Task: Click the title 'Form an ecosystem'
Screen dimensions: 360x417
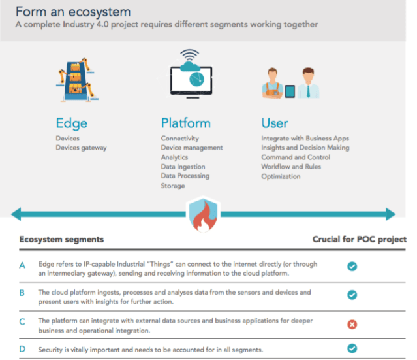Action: pyautogui.click(x=72, y=12)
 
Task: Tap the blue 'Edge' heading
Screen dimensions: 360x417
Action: pyautogui.click(x=71, y=123)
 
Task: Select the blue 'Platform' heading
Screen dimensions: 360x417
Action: pyautogui.click(x=185, y=123)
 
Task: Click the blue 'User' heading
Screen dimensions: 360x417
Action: pyautogui.click(x=274, y=123)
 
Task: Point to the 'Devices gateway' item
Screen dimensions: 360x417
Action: pyautogui.click(x=81, y=148)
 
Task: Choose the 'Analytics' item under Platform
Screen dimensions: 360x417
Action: pyautogui.click(x=174, y=157)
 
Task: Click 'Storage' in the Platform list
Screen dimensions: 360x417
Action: pyautogui.click(x=173, y=186)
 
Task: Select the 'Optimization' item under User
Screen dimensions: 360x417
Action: pyautogui.click(x=281, y=176)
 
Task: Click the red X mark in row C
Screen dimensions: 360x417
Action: pyautogui.click(x=352, y=324)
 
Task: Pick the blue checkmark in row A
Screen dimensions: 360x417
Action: pyautogui.click(x=352, y=267)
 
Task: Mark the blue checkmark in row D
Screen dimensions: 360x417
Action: pyautogui.click(x=352, y=349)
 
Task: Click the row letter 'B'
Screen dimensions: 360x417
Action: pyautogui.click(x=22, y=293)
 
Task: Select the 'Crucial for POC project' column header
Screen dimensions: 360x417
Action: pyautogui.click(x=359, y=239)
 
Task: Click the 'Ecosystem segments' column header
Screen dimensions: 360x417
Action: pyautogui.click(x=61, y=239)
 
